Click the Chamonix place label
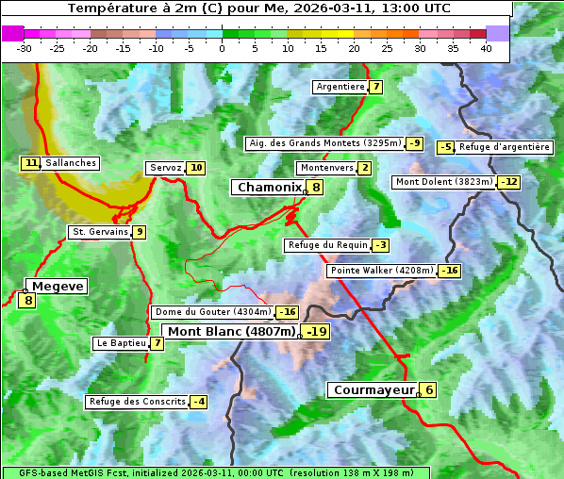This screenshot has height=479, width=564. coord(269,188)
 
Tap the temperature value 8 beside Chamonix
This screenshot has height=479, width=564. coord(316,188)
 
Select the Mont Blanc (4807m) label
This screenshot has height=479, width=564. coord(231,331)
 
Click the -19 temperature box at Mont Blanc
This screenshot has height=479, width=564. coord(316,332)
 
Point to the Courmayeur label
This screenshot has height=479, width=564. coord(373,389)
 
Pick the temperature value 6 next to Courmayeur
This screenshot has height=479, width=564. coord(428,389)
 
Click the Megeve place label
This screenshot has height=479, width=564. coord(58,286)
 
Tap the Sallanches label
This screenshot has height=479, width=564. coord(71,163)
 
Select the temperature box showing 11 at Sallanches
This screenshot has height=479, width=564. coord(31,163)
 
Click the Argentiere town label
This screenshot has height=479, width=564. coord(340,87)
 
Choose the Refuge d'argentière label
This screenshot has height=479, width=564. coord(505,147)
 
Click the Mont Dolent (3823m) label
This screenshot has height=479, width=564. coord(444,182)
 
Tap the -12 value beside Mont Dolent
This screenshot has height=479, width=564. coord(509,182)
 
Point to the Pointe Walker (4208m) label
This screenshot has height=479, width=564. coord(382,271)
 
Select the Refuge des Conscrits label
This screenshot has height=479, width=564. coord(138,402)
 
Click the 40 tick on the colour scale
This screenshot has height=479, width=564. coord(486,48)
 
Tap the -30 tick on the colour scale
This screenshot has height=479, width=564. coord(25,48)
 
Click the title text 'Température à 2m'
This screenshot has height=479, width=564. coord(132,8)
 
